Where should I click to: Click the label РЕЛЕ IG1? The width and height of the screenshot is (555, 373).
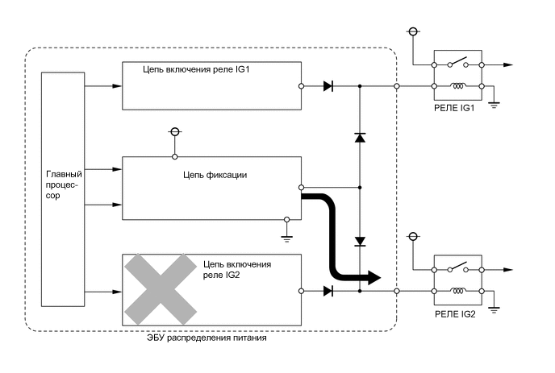[x=457, y=107]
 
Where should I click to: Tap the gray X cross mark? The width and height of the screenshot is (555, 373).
[x=161, y=288]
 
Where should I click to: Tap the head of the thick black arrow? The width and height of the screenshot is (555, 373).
[x=372, y=277]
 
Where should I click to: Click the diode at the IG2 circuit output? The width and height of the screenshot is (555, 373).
[x=328, y=290]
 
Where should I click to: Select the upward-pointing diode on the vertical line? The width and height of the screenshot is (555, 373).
[x=360, y=138]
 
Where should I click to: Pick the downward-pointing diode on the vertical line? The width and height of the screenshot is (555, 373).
[x=360, y=241]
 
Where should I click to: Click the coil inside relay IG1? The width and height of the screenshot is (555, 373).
[x=457, y=85]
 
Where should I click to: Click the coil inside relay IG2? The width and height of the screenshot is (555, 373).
[x=457, y=291]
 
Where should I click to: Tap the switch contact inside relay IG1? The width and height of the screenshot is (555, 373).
[x=457, y=63]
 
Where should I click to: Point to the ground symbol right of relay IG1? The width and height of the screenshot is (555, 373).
[x=494, y=102]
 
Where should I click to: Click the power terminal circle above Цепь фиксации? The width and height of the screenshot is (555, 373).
[x=173, y=131]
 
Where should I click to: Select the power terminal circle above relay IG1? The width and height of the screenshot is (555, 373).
[x=413, y=31]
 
